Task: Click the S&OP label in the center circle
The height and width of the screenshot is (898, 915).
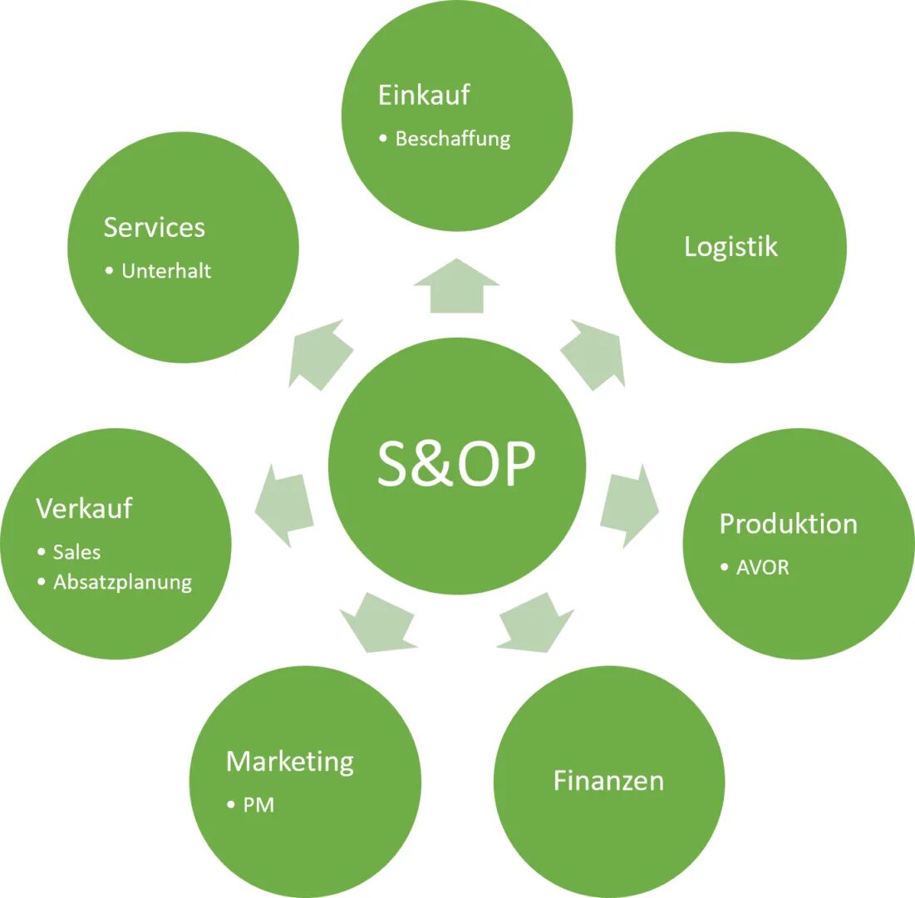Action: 456,464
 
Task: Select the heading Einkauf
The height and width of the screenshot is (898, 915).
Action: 424,95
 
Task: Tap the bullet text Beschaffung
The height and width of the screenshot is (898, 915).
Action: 453,139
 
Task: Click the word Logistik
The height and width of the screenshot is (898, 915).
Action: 731,246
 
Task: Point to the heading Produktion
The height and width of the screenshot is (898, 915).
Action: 788,524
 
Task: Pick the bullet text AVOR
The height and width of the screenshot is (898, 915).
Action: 762,568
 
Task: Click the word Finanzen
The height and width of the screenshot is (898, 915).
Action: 608,781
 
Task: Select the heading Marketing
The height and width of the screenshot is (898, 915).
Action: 290,762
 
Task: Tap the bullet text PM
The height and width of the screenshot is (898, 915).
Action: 258,805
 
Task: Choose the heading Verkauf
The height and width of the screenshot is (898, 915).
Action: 84,508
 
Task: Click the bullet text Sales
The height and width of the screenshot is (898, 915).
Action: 76,552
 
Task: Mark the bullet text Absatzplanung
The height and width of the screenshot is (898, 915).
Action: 122,582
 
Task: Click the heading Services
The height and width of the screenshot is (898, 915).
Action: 154,228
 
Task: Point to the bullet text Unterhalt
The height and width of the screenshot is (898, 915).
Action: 166,271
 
